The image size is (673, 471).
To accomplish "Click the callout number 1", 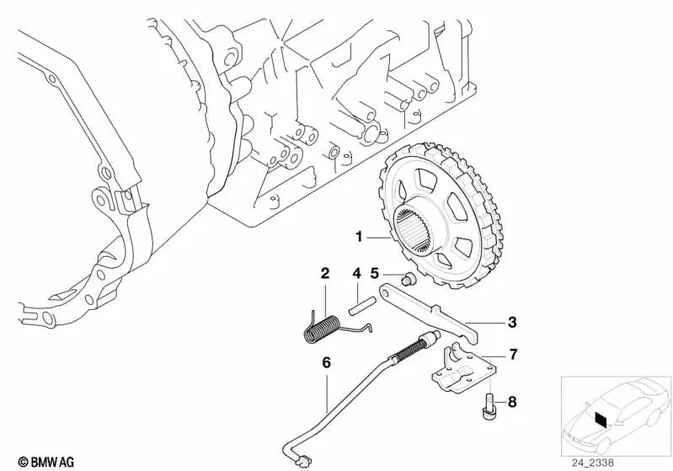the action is (360, 237).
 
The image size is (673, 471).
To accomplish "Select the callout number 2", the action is (325, 273).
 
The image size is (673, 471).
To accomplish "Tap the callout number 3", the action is (512, 322).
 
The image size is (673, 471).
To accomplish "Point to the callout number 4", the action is (356, 273).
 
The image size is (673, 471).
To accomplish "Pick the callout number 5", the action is (375, 273).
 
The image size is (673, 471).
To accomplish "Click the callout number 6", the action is (326, 363).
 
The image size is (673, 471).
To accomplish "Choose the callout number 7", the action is (513, 355).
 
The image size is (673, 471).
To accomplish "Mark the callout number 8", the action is (512, 402).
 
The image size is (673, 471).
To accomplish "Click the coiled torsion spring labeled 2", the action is (322, 329).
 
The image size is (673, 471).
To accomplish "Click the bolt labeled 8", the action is (489, 405).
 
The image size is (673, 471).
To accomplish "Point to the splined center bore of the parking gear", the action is (411, 230).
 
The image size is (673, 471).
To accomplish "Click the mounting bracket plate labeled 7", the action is (463, 369).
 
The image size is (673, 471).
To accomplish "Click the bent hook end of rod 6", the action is (302, 461).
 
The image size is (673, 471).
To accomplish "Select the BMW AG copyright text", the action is (46, 462).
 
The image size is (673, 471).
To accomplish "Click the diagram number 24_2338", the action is (592, 463).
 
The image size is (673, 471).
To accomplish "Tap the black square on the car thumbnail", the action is (601, 418).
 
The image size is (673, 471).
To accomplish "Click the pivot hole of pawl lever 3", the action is (387, 293).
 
